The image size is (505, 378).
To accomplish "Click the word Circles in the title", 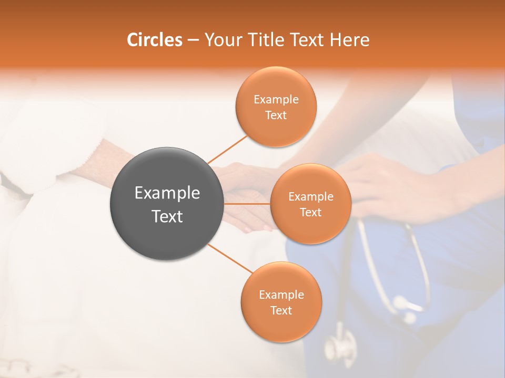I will (155, 40).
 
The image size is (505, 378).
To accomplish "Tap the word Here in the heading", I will (350, 40).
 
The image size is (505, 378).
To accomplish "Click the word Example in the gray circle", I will (167, 193).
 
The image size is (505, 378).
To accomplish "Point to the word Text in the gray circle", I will (167, 216).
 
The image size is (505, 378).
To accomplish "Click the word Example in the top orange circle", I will (276, 99).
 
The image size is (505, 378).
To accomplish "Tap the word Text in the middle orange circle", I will (310, 212).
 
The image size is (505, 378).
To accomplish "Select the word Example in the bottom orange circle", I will (281, 295).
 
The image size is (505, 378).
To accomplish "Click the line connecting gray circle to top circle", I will (227, 149).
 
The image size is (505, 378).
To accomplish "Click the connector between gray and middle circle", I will (247, 203).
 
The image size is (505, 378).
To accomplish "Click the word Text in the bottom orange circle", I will (281, 310).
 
